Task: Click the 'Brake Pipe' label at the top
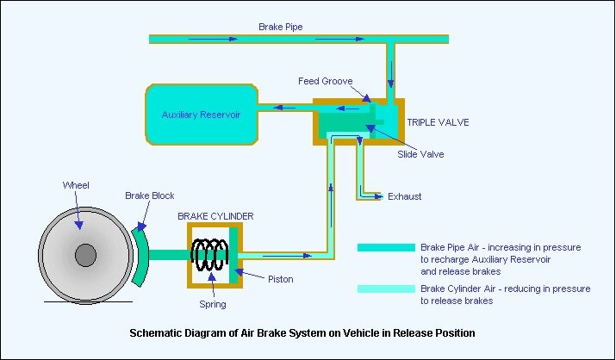click(280, 27)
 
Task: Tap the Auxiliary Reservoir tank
click(201, 114)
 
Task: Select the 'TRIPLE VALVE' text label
click(439, 122)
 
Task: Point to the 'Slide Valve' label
click(420, 154)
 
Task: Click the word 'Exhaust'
click(404, 196)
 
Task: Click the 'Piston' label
click(280, 279)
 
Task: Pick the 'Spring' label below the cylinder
click(212, 304)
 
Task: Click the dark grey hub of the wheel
click(85, 255)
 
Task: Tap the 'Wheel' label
click(76, 185)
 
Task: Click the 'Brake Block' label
click(150, 196)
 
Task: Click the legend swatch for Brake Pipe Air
click(386, 247)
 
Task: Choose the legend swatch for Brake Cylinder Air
click(386, 289)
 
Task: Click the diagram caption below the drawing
click(302, 332)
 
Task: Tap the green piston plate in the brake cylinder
click(233, 254)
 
